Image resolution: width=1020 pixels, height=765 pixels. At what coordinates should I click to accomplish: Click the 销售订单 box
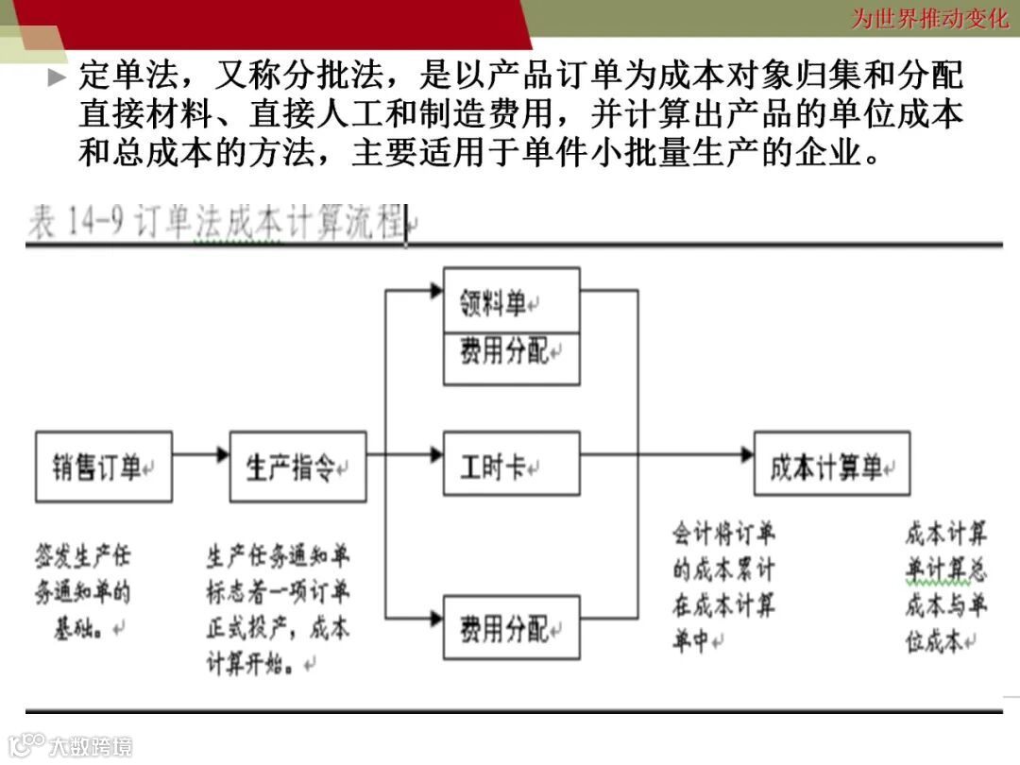(103, 467)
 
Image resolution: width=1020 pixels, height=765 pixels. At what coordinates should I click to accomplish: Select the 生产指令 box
(297, 467)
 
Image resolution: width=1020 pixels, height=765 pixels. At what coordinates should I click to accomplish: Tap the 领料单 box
(511, 300)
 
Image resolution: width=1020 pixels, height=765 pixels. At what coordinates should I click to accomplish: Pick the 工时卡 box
(511, 464)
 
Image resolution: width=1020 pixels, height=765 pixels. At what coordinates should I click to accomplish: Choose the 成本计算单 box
(831, 464)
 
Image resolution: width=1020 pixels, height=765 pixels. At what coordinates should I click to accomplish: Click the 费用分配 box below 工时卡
(511, 627)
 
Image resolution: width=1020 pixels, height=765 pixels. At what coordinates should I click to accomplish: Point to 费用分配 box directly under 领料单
(511, 358)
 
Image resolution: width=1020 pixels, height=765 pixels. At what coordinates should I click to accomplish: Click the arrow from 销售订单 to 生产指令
(200, 455)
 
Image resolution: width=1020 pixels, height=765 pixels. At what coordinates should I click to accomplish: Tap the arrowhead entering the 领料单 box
(435, 291)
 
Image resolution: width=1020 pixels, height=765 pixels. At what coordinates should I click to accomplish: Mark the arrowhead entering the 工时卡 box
(435, 455)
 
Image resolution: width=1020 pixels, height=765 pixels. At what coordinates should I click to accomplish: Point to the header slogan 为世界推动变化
(930, 18)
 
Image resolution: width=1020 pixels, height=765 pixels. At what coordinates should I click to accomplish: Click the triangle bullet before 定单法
(58, 77)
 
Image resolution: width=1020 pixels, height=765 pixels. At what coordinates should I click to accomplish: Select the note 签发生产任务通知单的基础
(82, 591)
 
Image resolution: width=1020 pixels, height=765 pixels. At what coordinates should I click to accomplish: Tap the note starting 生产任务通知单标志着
(278, 609)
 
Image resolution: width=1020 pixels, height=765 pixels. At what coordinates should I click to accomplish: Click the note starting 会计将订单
(723, 587)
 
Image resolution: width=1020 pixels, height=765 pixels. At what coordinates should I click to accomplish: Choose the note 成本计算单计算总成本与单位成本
(945, 587)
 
